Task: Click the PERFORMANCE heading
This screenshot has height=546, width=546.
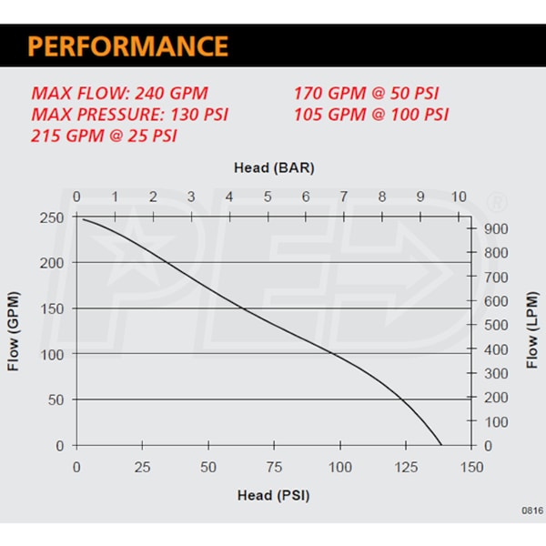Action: click(x=126, y=46)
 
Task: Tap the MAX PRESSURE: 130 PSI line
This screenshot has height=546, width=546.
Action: click(x=129, y=115)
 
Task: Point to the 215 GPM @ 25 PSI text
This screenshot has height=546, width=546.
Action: click(x=105, y=136)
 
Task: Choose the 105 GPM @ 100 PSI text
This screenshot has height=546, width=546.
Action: click(x=371, y=115)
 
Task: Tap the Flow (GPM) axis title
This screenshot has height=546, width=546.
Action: click(x=14, y=332)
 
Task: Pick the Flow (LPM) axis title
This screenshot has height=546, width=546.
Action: click(x=532, y=332)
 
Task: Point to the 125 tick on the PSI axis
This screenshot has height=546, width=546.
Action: click(x=406, y=467)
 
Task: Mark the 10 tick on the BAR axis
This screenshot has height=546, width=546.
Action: click(x=458, y=197)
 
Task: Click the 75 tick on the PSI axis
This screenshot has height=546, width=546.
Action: click(x=274, y=467)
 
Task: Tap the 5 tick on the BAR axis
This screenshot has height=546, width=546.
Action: click(x=268, y=197)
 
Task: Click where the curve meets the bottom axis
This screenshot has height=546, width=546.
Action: click(x=441, y=445)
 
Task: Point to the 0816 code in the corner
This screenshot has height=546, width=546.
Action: click(x=532, y=511)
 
